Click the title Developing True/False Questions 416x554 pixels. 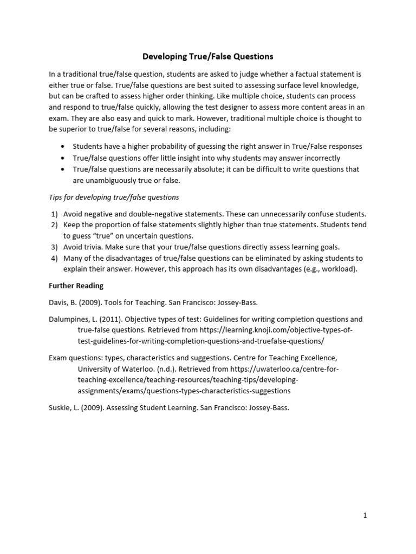[208, 56]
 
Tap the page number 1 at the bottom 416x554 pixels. [365, 516]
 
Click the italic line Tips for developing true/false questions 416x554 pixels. [114, 197]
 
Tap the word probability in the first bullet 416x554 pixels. [155, 147]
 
